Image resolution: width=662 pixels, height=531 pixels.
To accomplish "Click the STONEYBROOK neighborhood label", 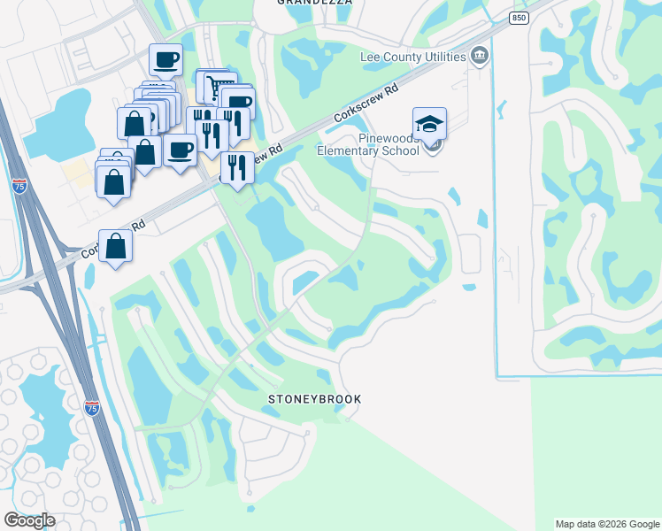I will click(314, 399).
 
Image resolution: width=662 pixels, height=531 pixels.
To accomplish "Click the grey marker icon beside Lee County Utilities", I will click(480, 57).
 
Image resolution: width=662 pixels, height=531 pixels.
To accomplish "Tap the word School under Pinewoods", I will click(400, 150).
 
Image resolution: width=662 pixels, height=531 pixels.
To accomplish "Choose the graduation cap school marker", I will click(429, 124).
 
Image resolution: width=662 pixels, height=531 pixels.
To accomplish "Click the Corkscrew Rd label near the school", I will click(367, 104).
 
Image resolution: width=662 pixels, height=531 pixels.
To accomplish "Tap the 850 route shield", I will click(520, 19).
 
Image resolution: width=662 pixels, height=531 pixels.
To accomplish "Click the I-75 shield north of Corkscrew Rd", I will click(19, 186).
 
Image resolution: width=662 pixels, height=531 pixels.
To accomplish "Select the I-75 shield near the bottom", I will click(91, 407).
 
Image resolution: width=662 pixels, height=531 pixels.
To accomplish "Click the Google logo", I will click(29, 520).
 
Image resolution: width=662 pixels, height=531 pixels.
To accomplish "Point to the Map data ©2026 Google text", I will click(607, 524).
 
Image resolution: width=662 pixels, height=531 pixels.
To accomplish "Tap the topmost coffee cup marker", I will click(165, 60).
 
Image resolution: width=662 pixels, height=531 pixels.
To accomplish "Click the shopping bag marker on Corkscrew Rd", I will click(117, 246).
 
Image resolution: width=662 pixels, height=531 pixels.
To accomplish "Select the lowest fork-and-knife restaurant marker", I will click(236, 166).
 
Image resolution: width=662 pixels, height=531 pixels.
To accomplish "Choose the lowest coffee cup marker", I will click(181, 150).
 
